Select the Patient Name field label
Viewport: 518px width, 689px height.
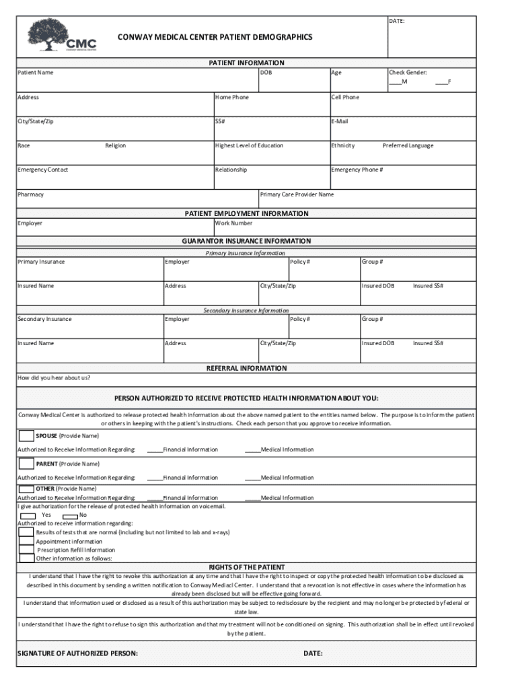(x=36, y=72)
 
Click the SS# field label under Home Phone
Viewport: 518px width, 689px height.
(x=220, y=121)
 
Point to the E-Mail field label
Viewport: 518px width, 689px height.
(x=340, y=121)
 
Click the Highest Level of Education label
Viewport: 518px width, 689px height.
(x=249, y=145)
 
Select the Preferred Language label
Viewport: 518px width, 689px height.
(x=408, y=145)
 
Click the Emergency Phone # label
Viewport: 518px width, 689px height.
(x=357, y=170)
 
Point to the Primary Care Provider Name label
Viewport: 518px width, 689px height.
(x=297, y=194)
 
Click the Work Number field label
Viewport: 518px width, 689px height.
(x=233, y=223)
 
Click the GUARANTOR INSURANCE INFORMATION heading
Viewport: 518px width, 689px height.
(x=246, y=241)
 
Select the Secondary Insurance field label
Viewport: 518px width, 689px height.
(x=44, y=319)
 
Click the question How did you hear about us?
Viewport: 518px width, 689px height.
(x=54, y=377)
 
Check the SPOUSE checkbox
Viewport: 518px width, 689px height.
(x=26, y=435)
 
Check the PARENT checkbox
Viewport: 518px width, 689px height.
(x=26, y=464)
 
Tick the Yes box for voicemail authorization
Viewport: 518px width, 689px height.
(x=28, y=515)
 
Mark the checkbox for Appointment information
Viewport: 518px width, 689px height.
(x=26, y=541)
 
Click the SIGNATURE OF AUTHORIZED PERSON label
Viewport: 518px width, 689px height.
(x=77, y=653)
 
